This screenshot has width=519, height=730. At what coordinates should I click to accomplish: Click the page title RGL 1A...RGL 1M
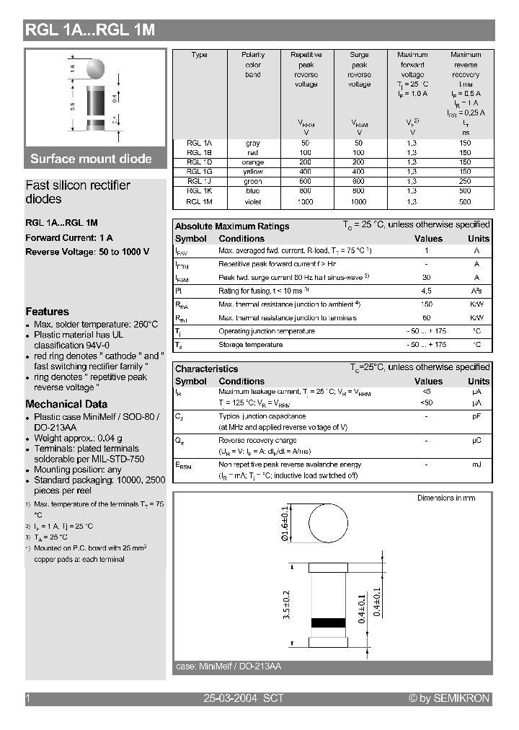[90, 30]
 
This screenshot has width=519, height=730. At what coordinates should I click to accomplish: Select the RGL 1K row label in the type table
[195, 191]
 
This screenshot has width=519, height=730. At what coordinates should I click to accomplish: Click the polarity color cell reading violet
[253, 201]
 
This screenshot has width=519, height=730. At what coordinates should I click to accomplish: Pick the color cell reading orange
[253, 162]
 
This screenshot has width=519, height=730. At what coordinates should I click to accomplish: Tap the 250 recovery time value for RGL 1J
[466, 182]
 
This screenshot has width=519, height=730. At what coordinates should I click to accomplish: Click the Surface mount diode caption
[91, 159]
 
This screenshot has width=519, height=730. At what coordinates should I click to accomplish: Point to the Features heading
[47, 312]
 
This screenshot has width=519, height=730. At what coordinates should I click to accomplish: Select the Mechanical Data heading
[66, 404]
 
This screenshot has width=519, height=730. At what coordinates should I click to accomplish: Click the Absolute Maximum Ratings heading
[232, 226]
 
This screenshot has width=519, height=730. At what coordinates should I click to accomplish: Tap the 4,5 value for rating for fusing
[426, 291]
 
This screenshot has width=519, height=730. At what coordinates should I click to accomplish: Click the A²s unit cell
[476, 291]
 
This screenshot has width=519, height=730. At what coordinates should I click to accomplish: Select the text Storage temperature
[250, 345]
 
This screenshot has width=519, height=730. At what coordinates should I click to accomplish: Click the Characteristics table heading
[206, 369]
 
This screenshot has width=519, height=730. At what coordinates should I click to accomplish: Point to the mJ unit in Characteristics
[476, 465]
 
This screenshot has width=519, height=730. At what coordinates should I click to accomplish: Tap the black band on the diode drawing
[328, 623]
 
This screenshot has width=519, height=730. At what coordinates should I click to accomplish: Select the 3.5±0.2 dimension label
[288, 604]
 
